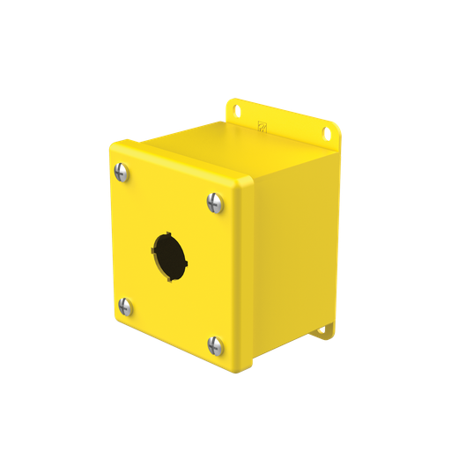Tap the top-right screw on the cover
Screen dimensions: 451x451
214,203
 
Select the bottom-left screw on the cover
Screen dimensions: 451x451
125,307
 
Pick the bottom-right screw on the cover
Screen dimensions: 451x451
214,345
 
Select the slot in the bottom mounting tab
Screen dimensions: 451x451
325,330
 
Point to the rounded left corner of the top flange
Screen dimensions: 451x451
232,100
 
